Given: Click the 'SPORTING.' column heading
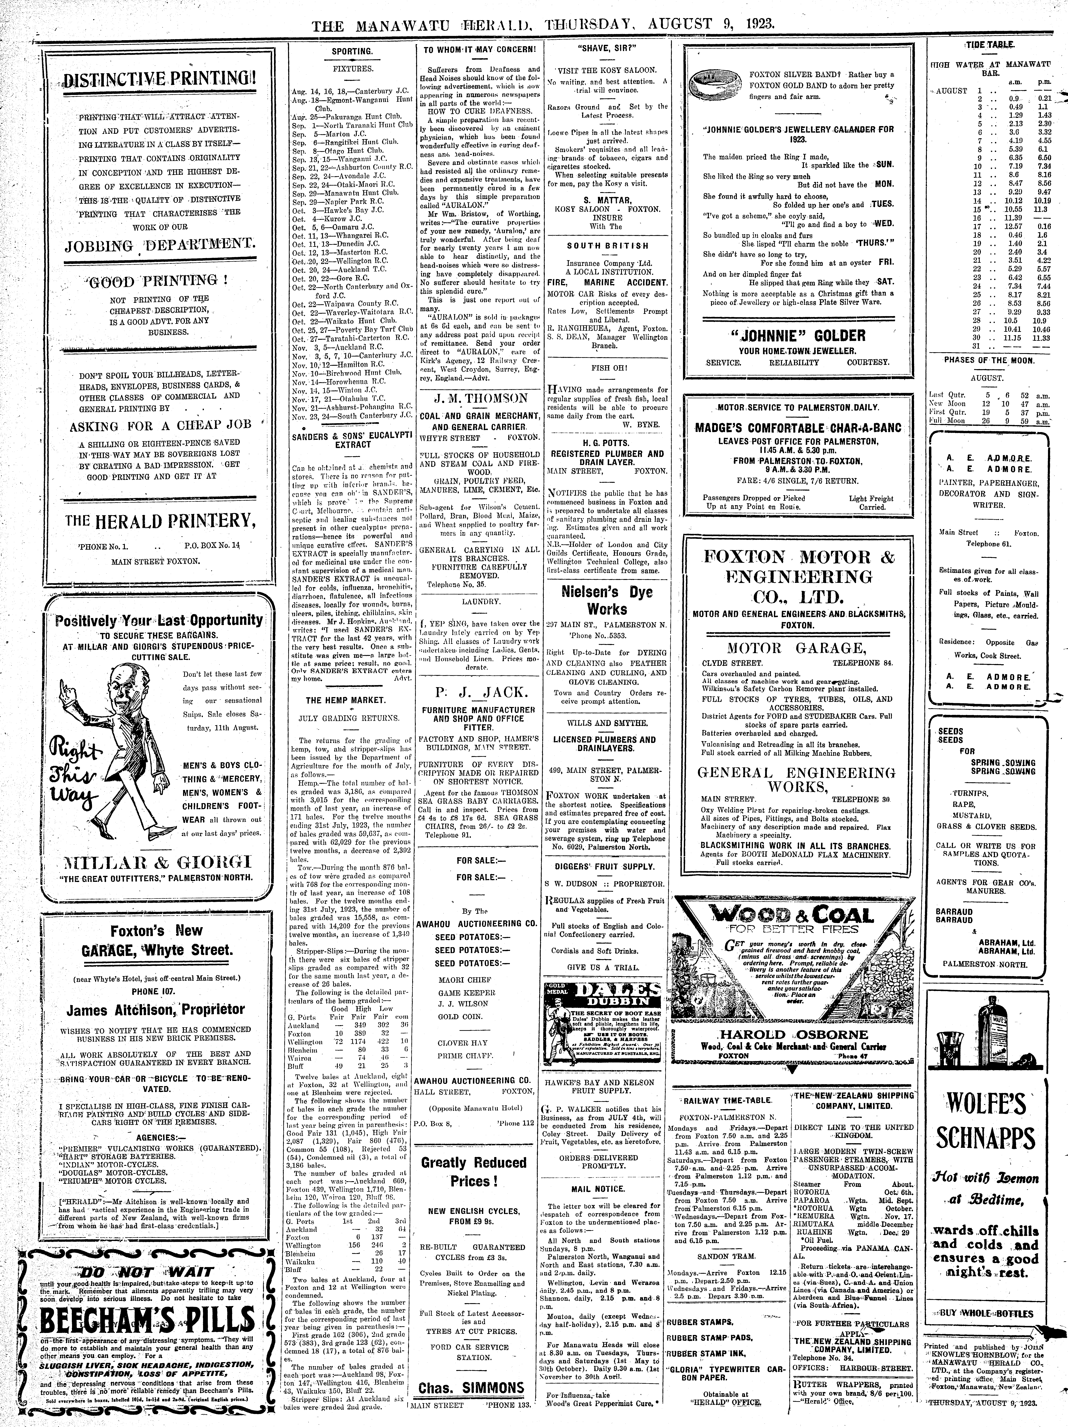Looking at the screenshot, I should pyautogui.click(x=351, y=51).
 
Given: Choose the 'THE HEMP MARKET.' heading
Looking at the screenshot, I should pyautogui.click(x=346, y=700).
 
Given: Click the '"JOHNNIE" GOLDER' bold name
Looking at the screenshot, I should pyautogui.click(x=798, y=335).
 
